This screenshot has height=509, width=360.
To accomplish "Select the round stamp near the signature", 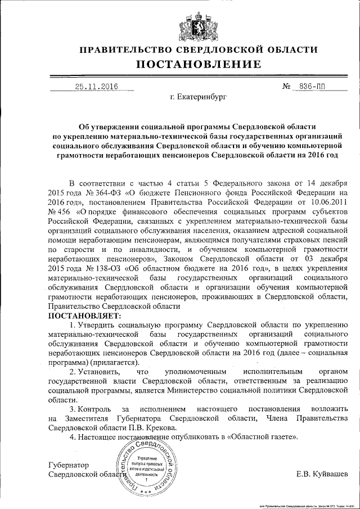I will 145,467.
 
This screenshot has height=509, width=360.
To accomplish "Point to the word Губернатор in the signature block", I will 70,465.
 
